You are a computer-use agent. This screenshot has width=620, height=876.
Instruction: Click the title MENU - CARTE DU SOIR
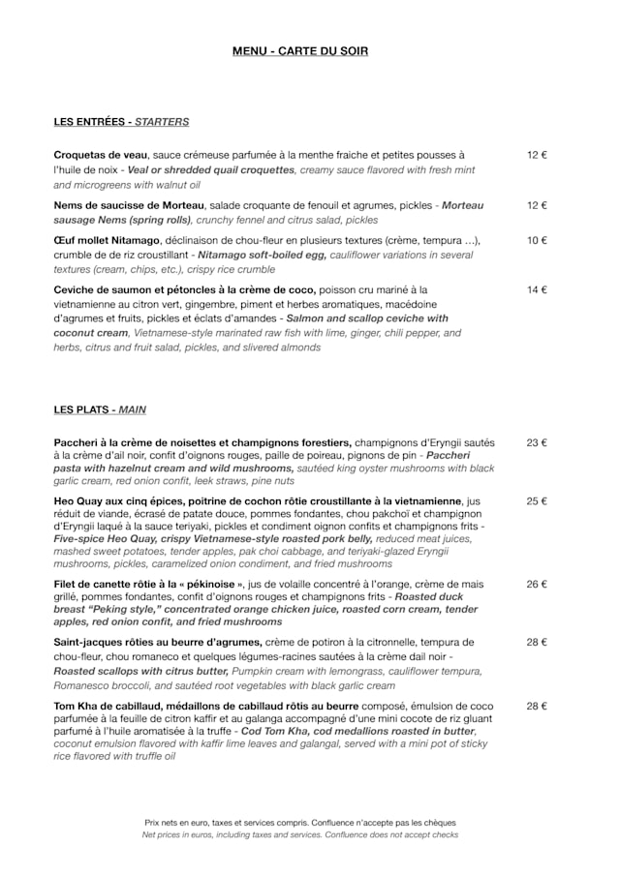[x=300, y=51]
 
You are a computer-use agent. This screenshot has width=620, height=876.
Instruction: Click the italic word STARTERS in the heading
[x=162, y=122]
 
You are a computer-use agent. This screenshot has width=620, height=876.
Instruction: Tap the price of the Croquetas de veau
[x=537, y=155]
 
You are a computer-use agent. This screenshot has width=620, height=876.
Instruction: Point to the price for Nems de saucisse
[x=537, y=205]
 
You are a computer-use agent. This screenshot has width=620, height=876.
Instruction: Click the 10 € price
[x=537, y=240]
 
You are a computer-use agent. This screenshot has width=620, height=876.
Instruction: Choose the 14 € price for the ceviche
[x=537, y=289]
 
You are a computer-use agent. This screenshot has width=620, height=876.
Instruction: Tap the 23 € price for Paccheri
[x=537, y=442]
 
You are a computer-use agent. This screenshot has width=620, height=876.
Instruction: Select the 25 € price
[x=537, y=501]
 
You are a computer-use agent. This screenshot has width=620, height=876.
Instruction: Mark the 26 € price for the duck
[x=537, y=584]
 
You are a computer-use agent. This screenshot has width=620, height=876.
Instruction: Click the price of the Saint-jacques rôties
[x=537, y=642]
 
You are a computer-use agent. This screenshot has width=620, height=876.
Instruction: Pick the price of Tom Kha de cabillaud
[x=537, y=706]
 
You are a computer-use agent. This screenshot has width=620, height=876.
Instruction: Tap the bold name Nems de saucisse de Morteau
[x=129, y=205]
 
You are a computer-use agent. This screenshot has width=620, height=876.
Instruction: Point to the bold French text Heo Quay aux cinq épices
[x=121, y=501]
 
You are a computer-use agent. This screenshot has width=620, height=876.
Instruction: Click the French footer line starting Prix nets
[x=300, y=823]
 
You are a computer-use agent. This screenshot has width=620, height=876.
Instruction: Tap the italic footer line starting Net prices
[x=300, y=834]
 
